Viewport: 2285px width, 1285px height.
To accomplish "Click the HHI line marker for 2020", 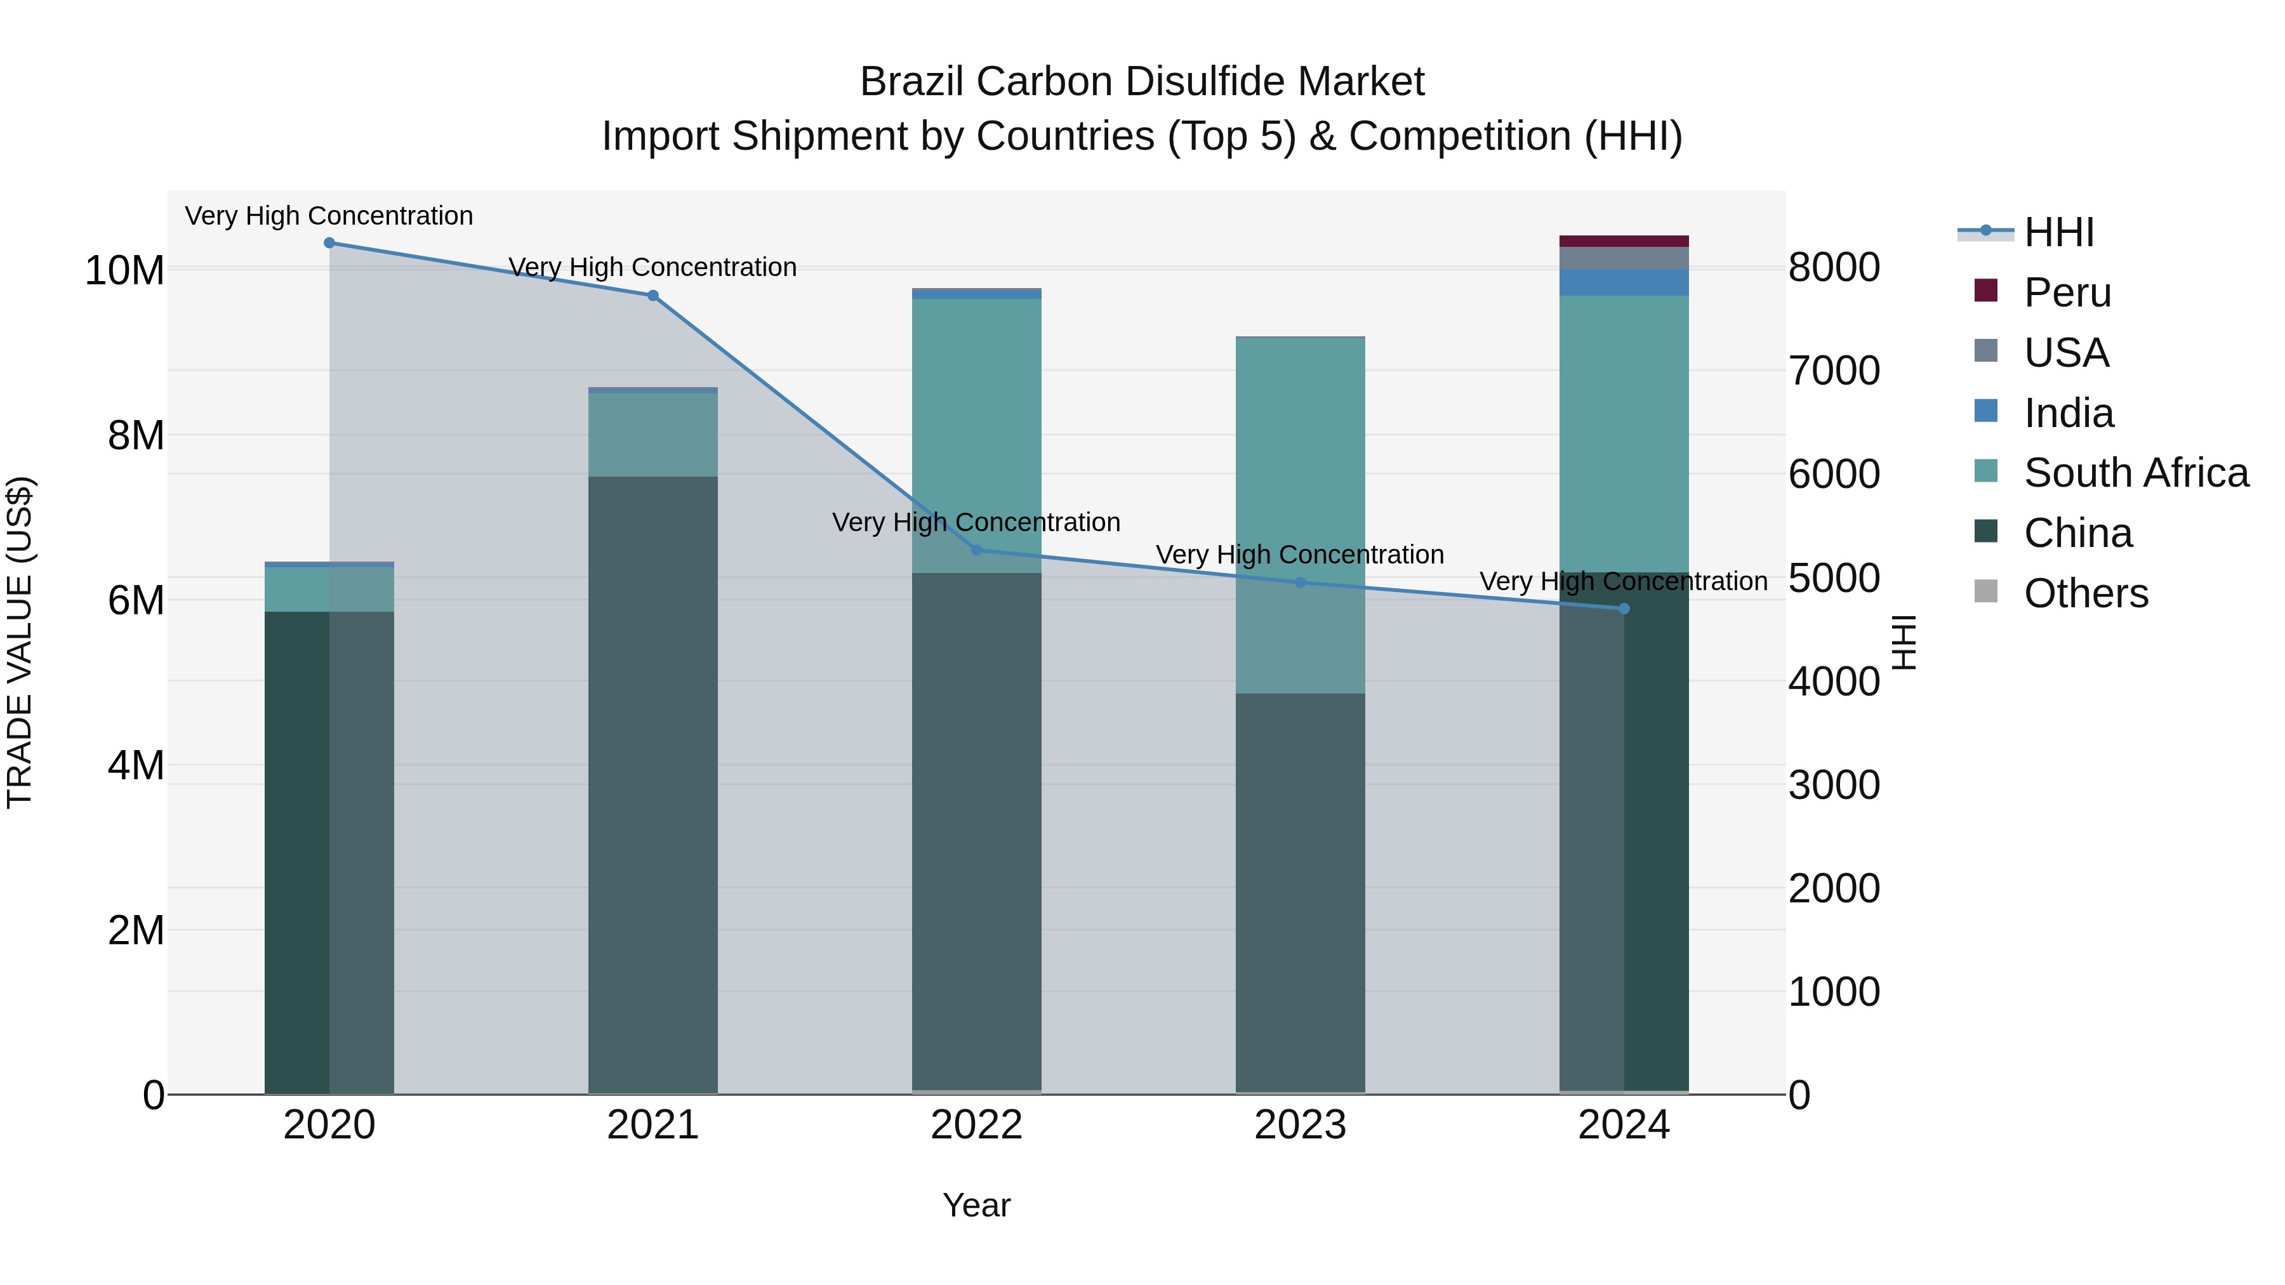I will click(x=329, y=243).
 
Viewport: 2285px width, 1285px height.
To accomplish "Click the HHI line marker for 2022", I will click(x=977, y=550).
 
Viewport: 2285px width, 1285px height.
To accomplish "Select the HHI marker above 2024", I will click(x=1624, y=609).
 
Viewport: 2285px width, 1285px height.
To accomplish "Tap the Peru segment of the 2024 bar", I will click(x=1624, y=241).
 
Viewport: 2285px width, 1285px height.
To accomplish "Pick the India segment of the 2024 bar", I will click(x=1624, y=282).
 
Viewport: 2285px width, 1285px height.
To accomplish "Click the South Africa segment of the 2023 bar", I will click(x=1301, y=515).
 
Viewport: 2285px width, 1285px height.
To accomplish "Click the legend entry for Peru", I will click(x=2067, y=293).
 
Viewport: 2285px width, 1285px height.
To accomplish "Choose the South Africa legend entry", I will click(x=2135, y=473).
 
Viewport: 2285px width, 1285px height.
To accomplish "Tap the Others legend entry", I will click(x=2086, y=593).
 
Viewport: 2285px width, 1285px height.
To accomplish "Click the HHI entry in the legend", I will click(x=2058, y=232).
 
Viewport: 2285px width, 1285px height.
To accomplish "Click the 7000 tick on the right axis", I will click(x=1834, y=371).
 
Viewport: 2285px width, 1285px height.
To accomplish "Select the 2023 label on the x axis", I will click(x=1301, y=1125).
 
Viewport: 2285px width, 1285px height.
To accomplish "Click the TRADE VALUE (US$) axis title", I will click(x=20, y=642).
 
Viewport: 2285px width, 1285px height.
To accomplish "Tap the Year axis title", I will click(x=977, y=1205).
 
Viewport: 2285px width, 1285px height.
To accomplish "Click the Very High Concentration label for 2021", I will click(x=653, y=267).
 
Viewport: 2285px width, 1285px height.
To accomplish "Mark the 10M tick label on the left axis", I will click(x=124, y=270).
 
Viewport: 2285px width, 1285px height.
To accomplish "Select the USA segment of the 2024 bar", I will click(x=1624, y=258).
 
